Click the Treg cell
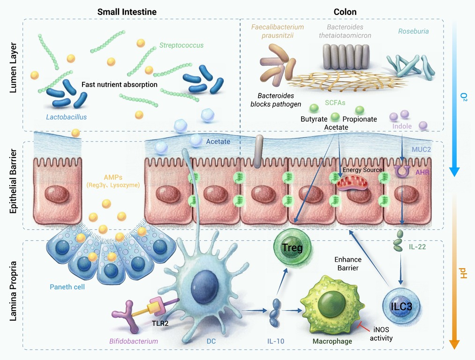[292, 247]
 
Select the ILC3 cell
[401, 306]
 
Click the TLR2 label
[160, 323]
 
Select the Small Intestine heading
[127, 12]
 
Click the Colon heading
[345, 12]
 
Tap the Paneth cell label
[67, 287]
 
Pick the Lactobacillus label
[66, 117]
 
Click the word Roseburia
[414, 31]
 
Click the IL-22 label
[417, 247]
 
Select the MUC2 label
[421, 149]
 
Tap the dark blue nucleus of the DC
[205, 286]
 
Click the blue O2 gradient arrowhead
[454, 172]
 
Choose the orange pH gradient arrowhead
[454, 345]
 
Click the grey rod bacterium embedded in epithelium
[258, 151]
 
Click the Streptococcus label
[181, 45]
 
